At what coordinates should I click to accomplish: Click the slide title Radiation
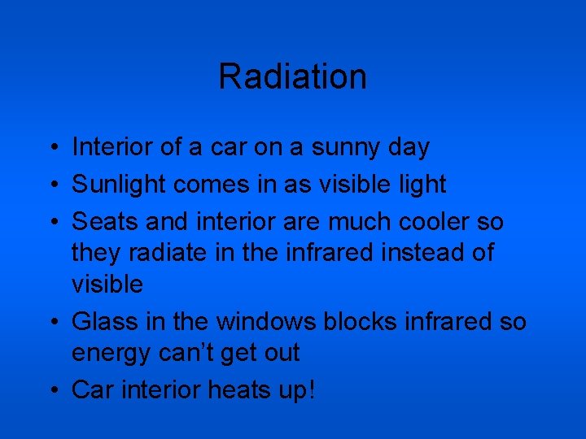(x=292, y=76)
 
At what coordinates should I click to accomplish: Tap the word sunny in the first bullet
(x=347, y=148)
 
